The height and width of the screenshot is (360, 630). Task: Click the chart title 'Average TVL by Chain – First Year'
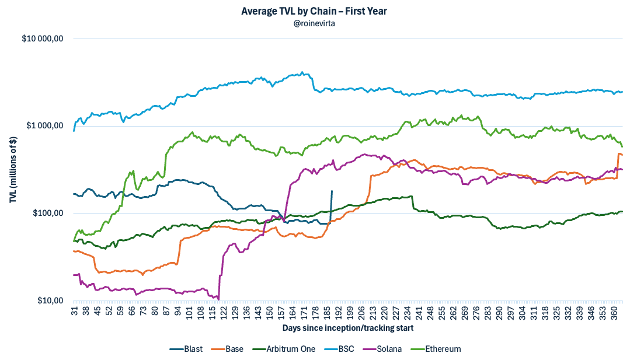(x=315, y=11)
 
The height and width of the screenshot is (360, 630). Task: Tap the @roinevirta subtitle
(x=315, y=23)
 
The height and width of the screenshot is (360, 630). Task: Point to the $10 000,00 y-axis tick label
(x=42, y=39)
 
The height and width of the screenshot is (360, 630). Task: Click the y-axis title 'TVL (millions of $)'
(x=13, y=169)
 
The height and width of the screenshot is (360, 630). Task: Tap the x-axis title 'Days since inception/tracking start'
(x=348, y=328)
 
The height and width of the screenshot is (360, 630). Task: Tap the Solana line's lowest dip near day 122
(x=218, y=298)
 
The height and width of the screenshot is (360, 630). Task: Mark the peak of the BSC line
(x=302, y=72)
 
